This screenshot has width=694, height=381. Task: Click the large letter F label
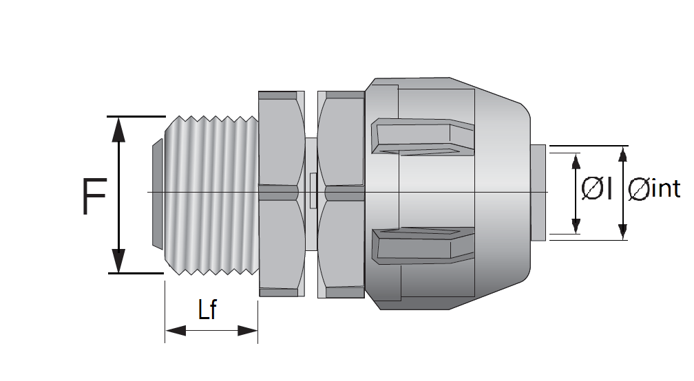click(x=95, y=196)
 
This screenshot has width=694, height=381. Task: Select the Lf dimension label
click(x=207, y=309)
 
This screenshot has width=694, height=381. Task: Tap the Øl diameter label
click(x=596, y=188)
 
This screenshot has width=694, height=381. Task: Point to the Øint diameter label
click(x=654, y=189)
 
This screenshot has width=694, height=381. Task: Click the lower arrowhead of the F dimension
click(x=118, y=261)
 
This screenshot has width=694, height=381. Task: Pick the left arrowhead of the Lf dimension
click(x=176, y=330)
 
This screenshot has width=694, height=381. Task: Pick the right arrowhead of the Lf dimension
click(x=247, y=330)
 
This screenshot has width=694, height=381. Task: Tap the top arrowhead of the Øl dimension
click(x=576, y=162)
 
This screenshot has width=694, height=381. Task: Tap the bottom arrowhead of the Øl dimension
click(x=576, y=226)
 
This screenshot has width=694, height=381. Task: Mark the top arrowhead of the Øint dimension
click(x=622, y=154)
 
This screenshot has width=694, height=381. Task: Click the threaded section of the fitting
click(x=211, y=195)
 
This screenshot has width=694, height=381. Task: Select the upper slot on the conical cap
click(x=423, y=137)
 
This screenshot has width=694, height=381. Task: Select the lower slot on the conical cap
click(x=423, y=246)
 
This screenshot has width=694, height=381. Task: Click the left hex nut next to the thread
click(x=282, y=193)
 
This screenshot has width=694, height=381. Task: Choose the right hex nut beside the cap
click(x=341, y=194)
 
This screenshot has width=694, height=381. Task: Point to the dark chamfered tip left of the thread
click(x=158, y=193)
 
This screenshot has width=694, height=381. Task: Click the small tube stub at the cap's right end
click(x=538, y=193)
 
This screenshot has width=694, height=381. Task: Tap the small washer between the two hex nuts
click(x=312, y=193)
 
